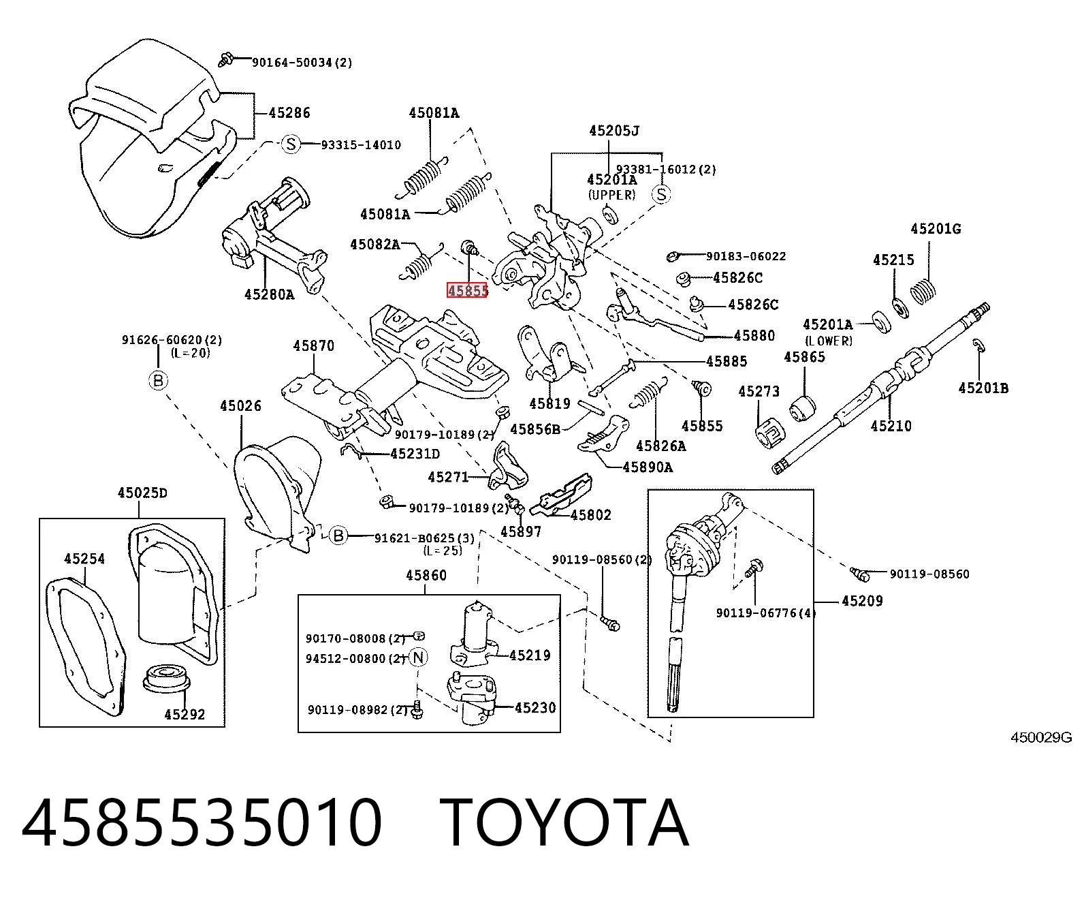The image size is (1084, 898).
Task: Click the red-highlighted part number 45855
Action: click(467, 290)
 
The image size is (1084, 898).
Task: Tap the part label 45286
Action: click(289, 112)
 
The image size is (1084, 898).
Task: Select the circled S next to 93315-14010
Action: click(291, 144)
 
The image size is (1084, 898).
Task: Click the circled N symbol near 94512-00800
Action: click(418, 657)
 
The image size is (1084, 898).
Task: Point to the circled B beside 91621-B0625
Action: click(338, 535)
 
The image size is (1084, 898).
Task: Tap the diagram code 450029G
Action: click(1041, 737)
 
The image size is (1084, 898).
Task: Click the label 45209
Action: click(862, 601)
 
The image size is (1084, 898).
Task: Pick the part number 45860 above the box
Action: click(426, 575)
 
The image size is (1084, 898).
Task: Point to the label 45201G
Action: click(936, 228)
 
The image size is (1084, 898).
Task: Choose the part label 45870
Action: click(313, 345)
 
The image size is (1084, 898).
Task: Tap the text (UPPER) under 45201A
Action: click(611, 195)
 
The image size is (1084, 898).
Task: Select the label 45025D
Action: click(142, 492)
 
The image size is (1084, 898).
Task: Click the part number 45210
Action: click(891, 426)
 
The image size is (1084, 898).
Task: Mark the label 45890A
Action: click(648, 467)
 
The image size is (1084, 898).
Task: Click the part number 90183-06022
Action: click(746, 256)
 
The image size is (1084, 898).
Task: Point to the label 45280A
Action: click(269, 294)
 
